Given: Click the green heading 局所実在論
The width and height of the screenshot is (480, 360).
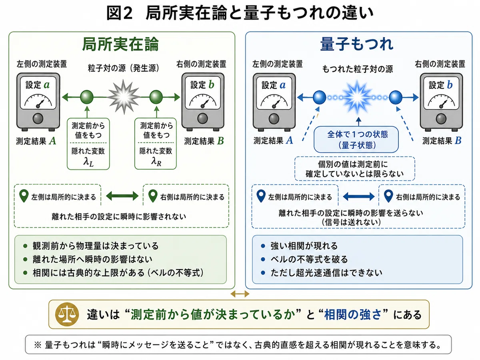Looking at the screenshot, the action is (120, 44).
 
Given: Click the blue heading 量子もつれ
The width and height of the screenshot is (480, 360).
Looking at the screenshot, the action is (357, 44).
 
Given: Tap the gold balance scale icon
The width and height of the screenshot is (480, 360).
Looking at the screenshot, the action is (67, 314).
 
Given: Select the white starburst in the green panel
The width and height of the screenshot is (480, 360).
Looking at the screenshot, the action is (124, 97).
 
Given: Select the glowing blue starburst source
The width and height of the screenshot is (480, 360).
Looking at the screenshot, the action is (357, 97).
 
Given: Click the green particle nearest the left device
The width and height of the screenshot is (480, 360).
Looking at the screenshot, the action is (87, 97).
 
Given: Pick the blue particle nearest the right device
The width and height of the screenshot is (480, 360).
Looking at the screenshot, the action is (395, 97).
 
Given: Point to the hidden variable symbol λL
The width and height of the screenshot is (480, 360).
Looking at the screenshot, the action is (88, 162).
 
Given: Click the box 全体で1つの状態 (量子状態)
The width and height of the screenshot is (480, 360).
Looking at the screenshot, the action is (356, 140).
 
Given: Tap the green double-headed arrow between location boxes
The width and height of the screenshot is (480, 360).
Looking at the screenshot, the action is (122, 196).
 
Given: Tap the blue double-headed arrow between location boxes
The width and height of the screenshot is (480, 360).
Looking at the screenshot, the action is (359, 196).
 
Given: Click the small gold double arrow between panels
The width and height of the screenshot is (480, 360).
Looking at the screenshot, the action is (240, 294).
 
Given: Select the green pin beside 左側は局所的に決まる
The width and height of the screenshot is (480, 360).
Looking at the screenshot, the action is (24, 196).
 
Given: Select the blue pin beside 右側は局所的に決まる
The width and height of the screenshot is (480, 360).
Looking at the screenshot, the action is (388, 196).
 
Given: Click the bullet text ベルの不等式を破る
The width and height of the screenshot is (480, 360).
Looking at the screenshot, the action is (309, 259).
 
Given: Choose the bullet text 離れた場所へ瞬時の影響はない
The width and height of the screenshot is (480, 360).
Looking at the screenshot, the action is (92, 259).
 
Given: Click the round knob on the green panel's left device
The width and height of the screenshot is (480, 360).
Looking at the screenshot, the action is (38, 118).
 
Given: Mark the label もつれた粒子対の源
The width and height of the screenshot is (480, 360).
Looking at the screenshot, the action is (358, 69).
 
